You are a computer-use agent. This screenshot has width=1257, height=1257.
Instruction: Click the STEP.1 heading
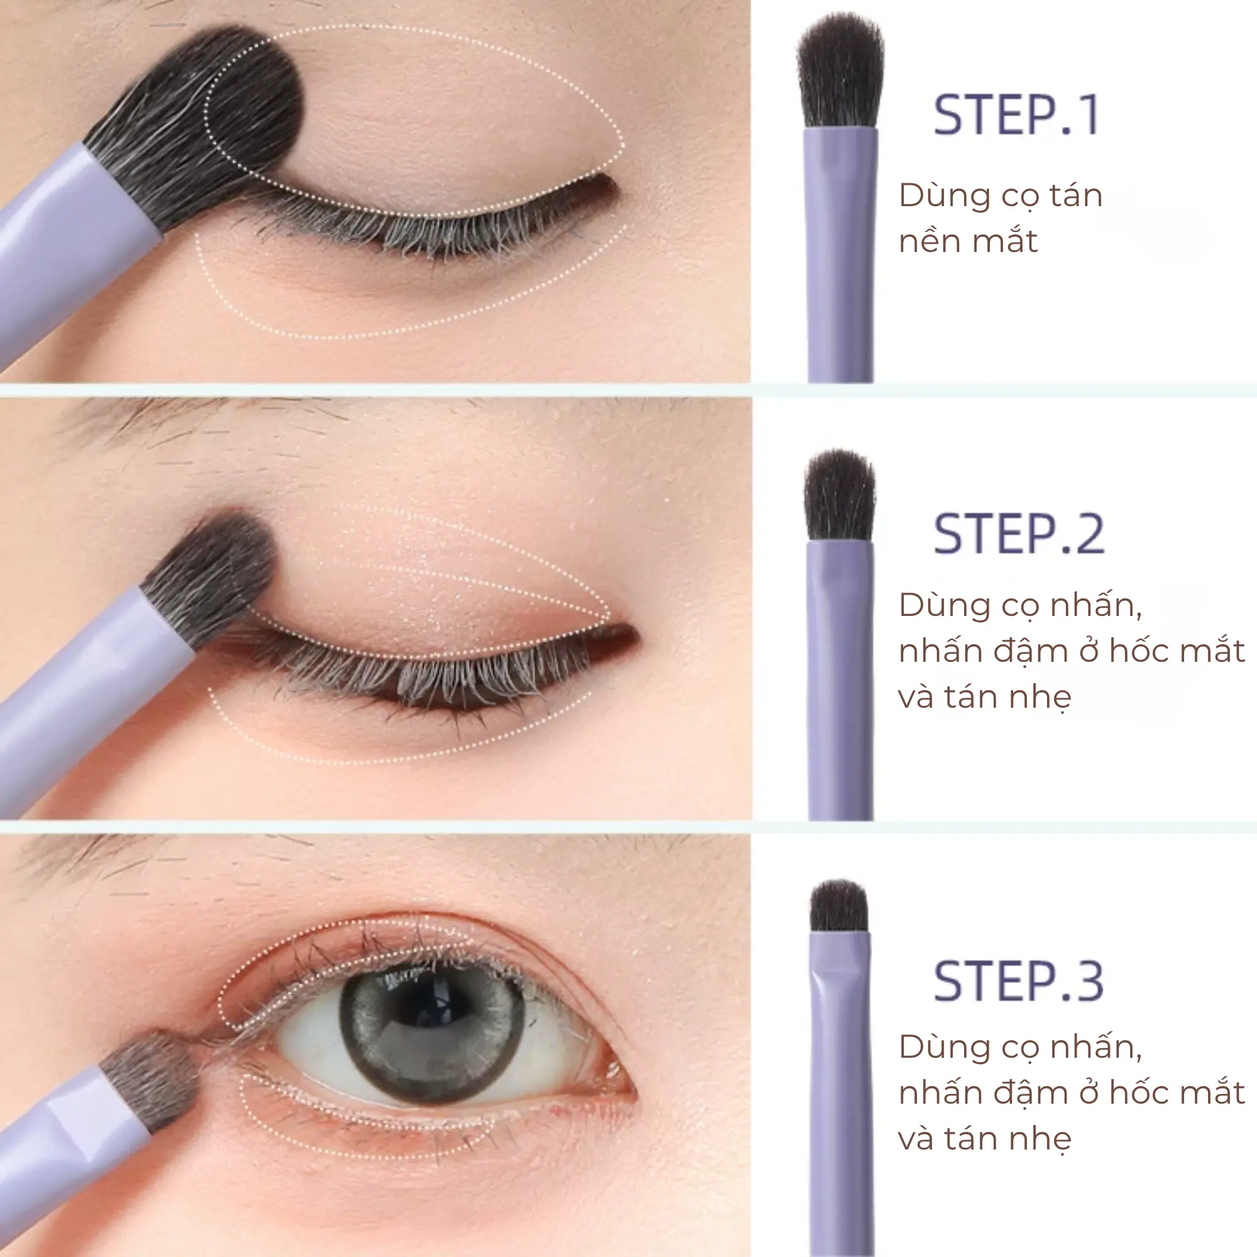click(1016, 115)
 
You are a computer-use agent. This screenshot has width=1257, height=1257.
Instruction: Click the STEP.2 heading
click(1019, 534)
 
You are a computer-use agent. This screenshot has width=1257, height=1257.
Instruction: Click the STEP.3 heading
click(1019, 981)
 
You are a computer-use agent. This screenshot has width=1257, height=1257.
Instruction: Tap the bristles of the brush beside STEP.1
click(840, 72)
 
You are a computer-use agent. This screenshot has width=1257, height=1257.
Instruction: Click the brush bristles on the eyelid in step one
click(195, 124)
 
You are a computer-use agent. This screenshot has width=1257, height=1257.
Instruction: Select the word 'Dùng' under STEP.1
click(936, 197)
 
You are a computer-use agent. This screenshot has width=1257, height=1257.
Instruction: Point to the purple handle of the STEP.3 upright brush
click(840, 1093)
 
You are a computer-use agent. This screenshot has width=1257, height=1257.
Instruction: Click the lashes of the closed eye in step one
click(417, 228)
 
